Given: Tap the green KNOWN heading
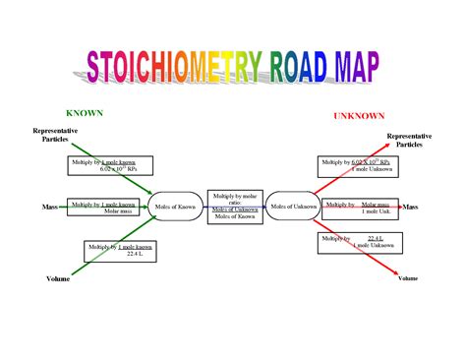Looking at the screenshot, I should (x=84, y=113).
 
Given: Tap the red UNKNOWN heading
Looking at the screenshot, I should (x=358, y=116).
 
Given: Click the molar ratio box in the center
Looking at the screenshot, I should (x=234, y=208).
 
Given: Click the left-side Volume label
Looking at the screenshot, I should (x=58, y=279).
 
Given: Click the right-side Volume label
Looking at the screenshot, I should (x=408, y=278).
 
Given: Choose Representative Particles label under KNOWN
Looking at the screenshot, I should (x=55, y=135).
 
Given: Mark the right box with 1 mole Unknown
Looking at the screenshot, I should (x=353, y=165).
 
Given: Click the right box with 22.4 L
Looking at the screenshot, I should (x=354, y=242).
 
